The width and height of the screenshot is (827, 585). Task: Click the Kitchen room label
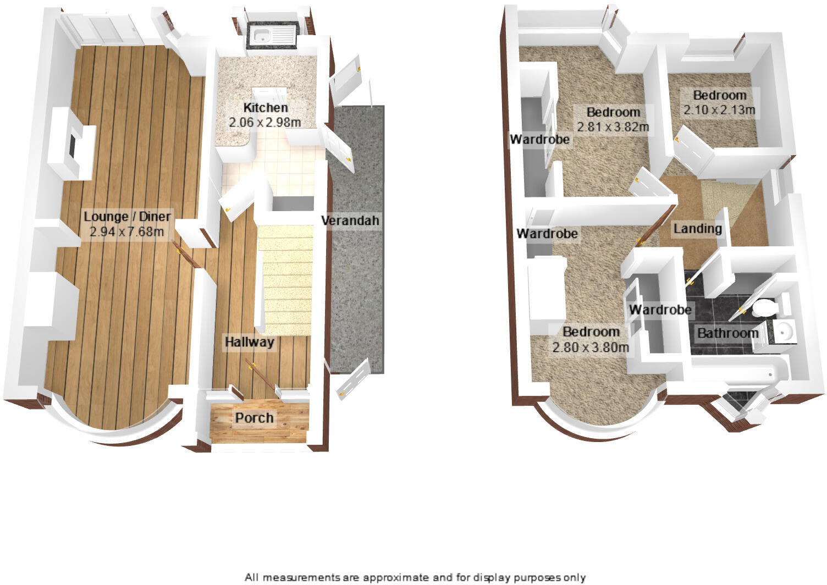click(x=265, y=108)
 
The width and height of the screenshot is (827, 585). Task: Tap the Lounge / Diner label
click(x=127, y=217)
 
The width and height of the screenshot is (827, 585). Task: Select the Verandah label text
click(x=350, y=221)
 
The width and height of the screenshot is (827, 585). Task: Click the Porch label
click(x=254, y=418)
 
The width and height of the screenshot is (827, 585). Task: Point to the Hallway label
click(x=249, y=343)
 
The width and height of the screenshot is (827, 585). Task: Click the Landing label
click(x=697, y=228)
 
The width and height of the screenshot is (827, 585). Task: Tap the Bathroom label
click(x=727, y=333)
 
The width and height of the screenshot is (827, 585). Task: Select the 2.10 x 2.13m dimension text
click(x=719, y=110)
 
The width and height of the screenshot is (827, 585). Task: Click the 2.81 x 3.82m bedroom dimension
click(x=613, y=127)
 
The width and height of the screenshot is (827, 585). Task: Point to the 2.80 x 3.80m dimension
click(x=591, y=347)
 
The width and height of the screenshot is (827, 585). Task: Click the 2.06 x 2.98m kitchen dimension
click(x=265, y=122)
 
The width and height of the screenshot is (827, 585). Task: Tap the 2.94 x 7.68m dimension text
click(x=127, y=231)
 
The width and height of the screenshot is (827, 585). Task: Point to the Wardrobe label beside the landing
click(x=660, y=310)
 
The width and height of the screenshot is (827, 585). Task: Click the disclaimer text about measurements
click(x=415, y=577)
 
